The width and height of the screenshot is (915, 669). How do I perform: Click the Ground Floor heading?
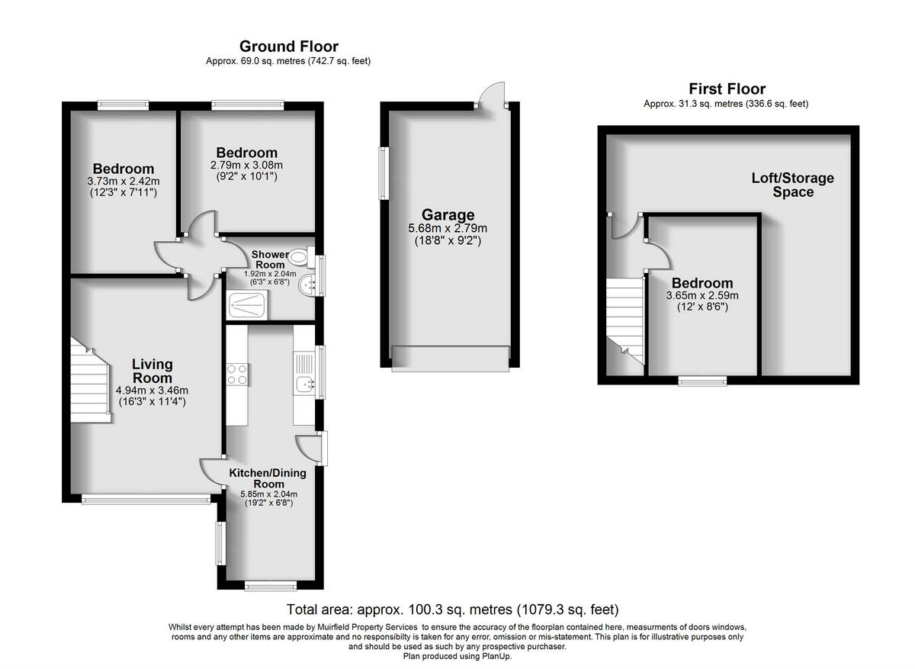pos(288,47)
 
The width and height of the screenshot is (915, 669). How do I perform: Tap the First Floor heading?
pos(727,89)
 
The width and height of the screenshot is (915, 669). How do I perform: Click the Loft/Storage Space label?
pos(792,185)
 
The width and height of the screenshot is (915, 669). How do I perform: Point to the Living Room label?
pos(152,371)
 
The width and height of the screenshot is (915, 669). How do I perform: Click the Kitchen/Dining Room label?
pos(268,478)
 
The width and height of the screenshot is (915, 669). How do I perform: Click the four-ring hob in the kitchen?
pos(236,374)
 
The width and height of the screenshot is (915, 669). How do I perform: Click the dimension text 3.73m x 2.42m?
pos(123,182)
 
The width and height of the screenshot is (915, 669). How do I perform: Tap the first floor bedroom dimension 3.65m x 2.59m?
pos(701,296)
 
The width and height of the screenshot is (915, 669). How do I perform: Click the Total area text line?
pos(452,609)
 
